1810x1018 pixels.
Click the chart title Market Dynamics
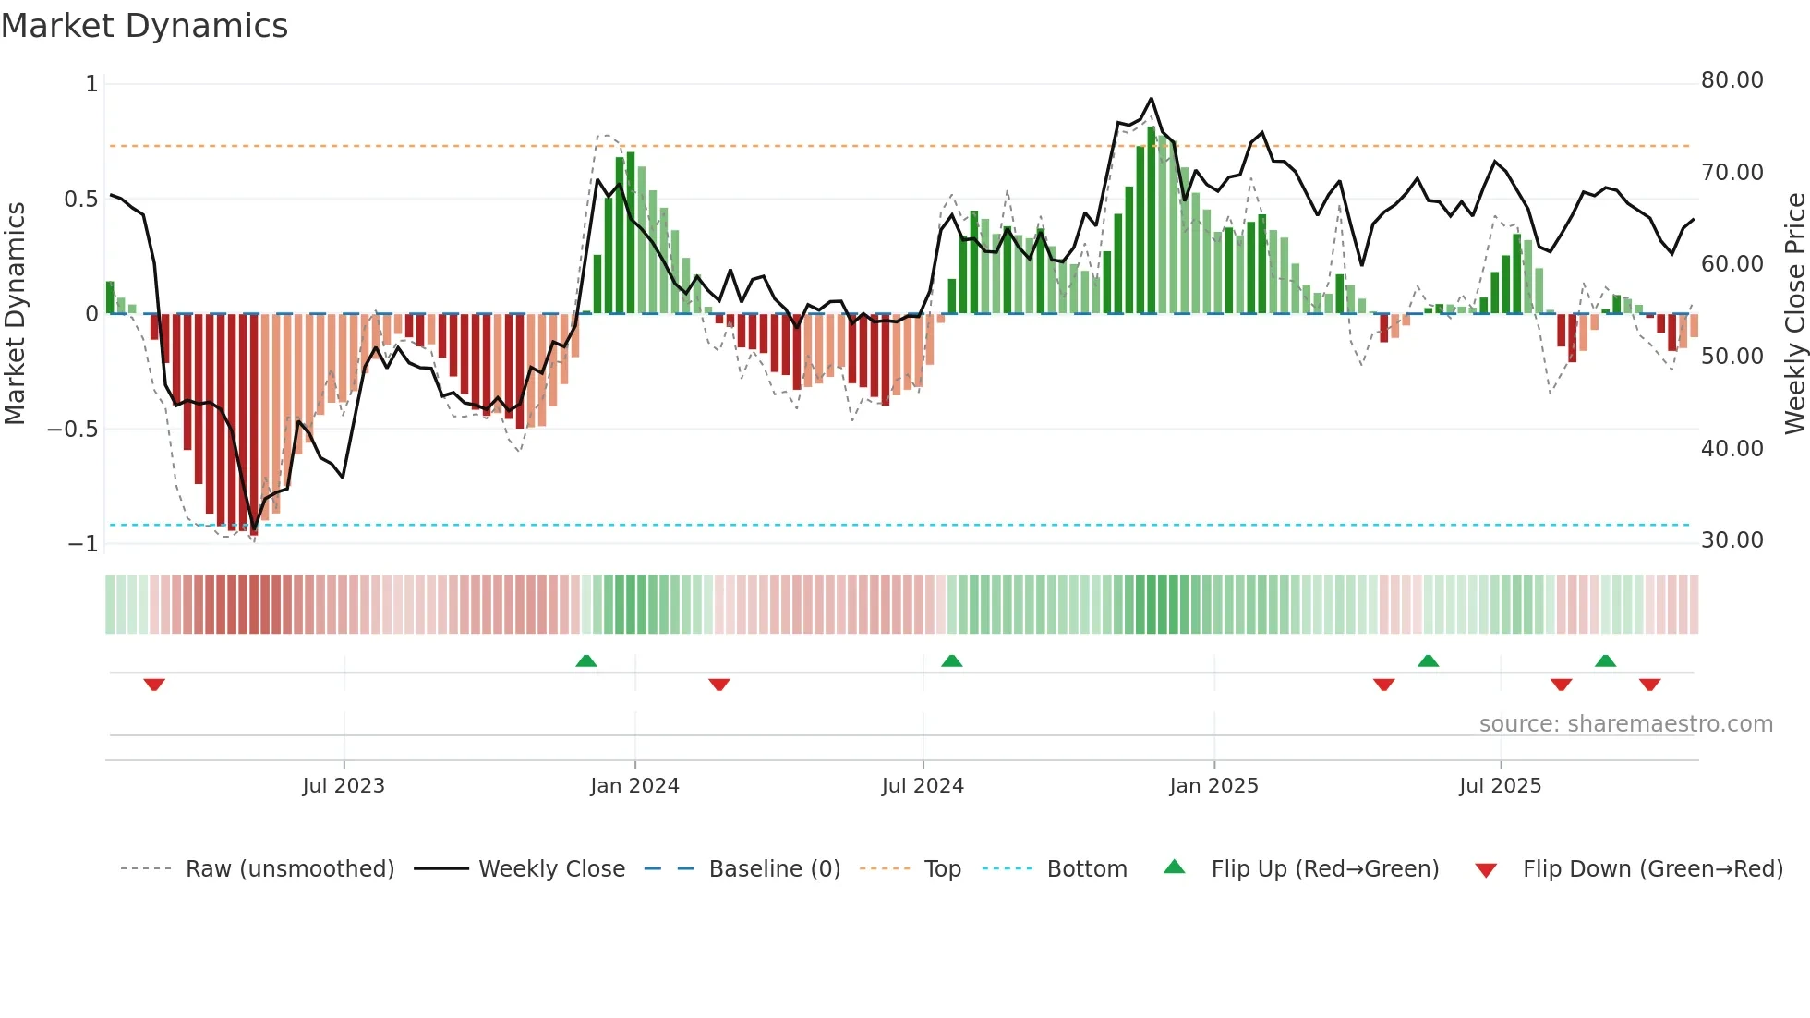click(x=145, y=26)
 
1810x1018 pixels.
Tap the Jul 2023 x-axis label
click(x=344, y=786)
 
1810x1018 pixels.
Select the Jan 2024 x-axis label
click(x=634, y=786)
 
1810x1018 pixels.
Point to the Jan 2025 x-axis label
click(x=1213, y=786)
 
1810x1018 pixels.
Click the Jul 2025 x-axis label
click(x=1500, y=786)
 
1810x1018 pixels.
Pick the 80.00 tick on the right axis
click(x=1732, y=80)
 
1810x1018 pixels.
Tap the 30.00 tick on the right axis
click(x=1732, y=540)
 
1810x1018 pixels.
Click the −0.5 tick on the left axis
click(x=72, y=430)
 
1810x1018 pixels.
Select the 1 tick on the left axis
click(x=91, y=84)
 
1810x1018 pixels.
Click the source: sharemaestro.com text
click(x=1625, y=724)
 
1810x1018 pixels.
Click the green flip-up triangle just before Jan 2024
click(x=586, y=660)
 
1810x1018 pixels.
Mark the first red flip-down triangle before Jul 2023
click(x=154, y=685)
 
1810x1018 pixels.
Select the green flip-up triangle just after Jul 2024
click(x=952, y=660)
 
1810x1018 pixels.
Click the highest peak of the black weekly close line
click(x=1151, y=99)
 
